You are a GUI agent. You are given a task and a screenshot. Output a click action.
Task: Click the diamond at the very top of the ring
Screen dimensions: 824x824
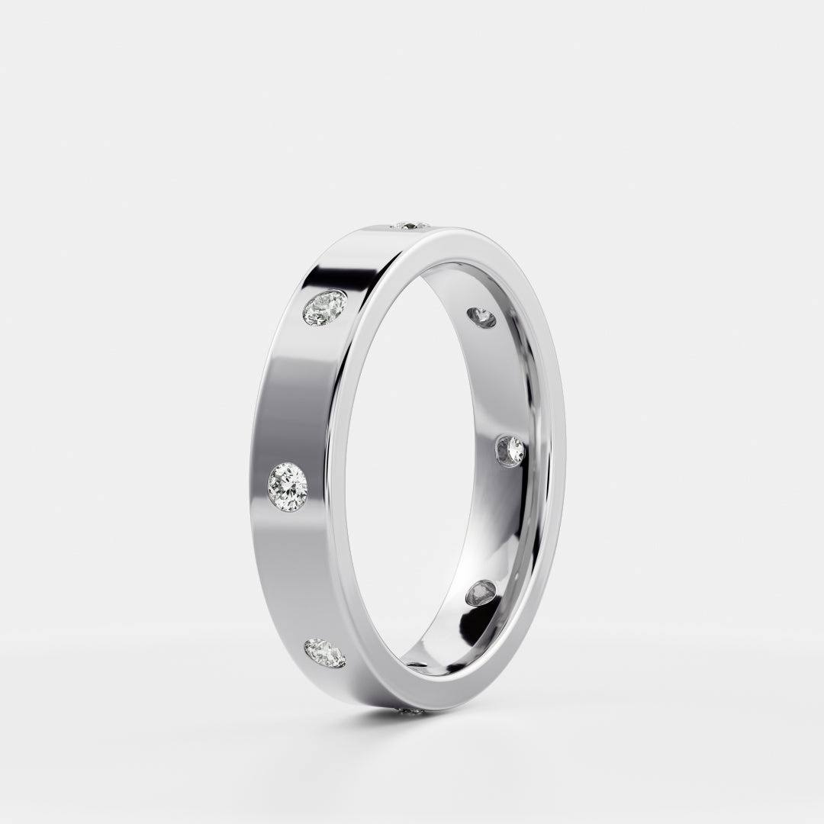tap(412, 225)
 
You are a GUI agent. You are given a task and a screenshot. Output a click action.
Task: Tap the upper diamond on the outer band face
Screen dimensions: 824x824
tap(325, 307)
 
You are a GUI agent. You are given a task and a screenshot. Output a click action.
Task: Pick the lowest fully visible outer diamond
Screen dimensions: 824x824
tap(324, 653)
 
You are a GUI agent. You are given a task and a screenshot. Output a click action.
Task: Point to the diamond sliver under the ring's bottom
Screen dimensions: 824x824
tap(413, 711)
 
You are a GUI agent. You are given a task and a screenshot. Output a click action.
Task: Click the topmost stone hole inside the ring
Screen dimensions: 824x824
tap(481, 317)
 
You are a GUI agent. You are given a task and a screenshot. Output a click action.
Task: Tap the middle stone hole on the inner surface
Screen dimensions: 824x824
tap(510, 450)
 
